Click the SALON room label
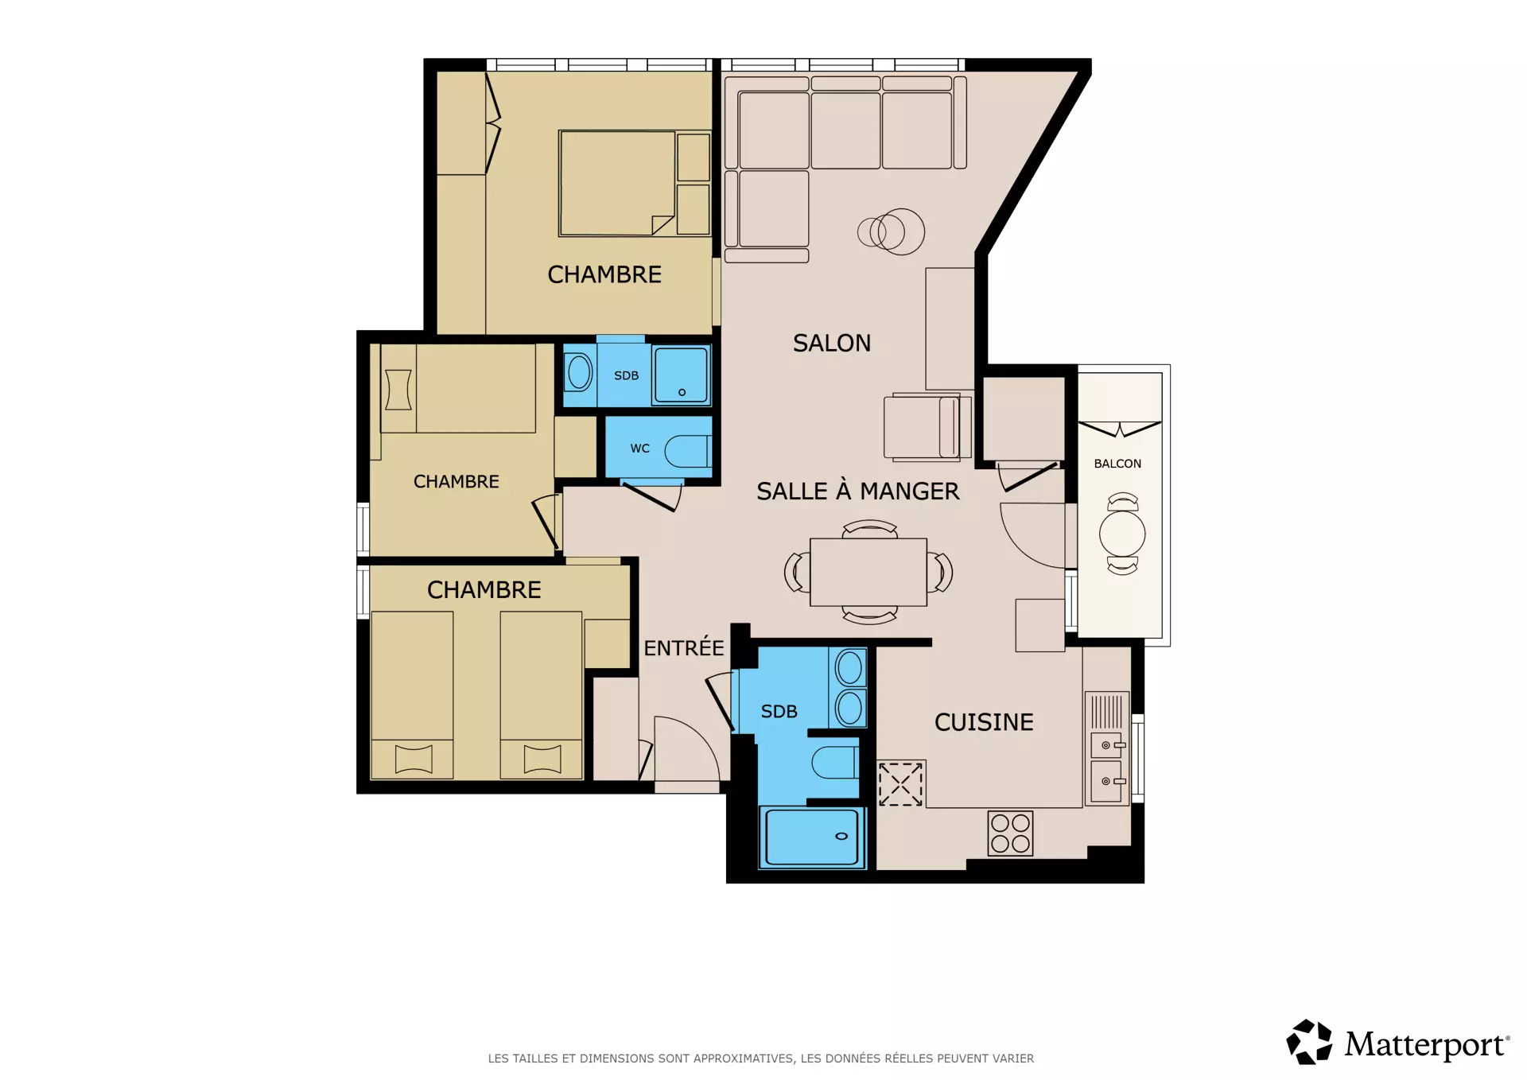pos(832,343)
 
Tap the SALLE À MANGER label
pos(857,491)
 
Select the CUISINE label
pos(984,722)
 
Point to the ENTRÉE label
pos(684,647)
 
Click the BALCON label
pos(1117,464)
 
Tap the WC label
pos(640,449)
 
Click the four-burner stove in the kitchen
pos(1010,833)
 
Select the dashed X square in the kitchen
pos(900,784)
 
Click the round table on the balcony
pos(1122,534)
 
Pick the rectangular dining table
pos(868,573)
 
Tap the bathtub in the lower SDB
pos(812,837)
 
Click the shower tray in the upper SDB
pos(681,375)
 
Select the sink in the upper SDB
pos(579,373)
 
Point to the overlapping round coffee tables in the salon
pos(891,231)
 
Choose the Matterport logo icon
pos(1309,1042)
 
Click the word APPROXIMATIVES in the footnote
pos(744,1059)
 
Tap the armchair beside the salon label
pos(927,427)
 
